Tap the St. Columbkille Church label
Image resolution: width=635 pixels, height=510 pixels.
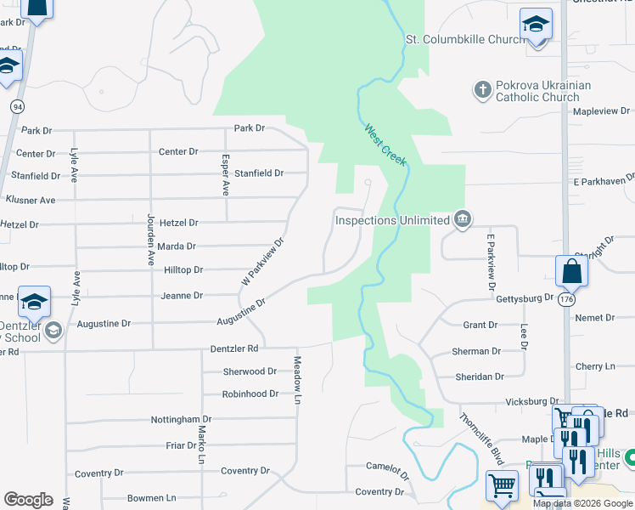465,39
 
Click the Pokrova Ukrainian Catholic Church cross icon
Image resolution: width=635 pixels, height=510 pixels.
482,89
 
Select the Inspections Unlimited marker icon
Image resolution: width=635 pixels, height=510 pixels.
462,220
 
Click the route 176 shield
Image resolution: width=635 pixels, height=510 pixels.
566,300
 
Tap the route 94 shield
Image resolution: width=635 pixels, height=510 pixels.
17,106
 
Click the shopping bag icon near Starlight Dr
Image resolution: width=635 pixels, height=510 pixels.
572,272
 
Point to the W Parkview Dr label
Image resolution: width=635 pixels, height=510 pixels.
262,261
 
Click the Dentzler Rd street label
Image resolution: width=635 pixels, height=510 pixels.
234,349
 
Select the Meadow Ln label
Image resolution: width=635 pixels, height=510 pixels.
298,379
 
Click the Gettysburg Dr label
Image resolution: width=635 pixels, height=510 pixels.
524,298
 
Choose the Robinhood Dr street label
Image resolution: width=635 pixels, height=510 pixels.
250,394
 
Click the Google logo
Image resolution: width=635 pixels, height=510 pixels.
28,500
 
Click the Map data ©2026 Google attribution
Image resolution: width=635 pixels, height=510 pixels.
582,503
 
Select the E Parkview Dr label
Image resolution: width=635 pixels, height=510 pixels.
490,260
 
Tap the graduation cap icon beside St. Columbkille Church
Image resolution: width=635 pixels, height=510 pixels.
536,25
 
